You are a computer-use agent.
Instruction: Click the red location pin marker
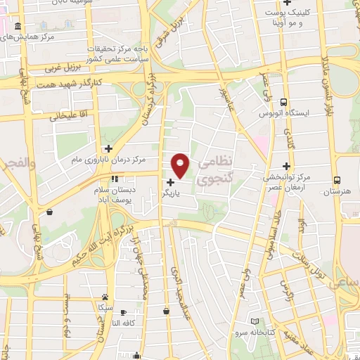[x=181, y=165]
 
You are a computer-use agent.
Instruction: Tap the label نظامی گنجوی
[x=214, y=171]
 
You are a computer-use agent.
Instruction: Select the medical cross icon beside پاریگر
[x=171, y=182]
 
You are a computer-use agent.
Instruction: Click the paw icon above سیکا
[x=105, y=297]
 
